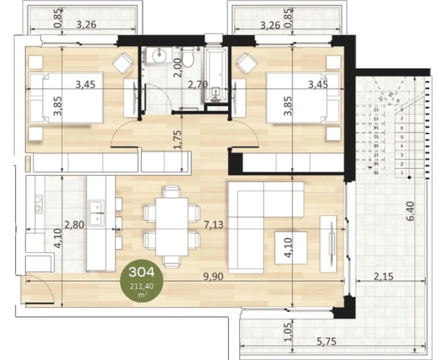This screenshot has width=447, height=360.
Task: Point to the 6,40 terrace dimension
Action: coord(411,210)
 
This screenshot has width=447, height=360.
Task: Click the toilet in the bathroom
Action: coord(188,61)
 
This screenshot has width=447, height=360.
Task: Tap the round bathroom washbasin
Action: coord(158,55)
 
